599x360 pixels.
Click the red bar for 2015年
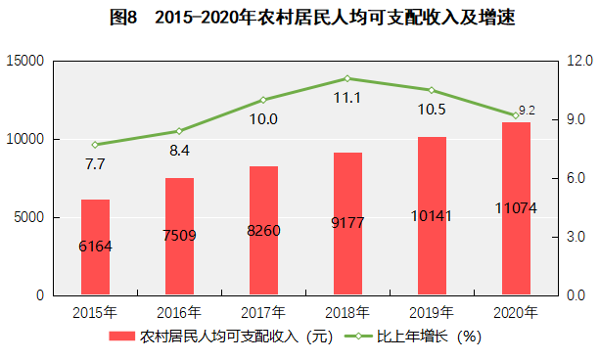pyautogui.click(x=95, y=247)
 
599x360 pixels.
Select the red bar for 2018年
pyautogui.click(x=347, y=224)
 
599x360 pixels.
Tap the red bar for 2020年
pyautogui.click(x=516, y=208)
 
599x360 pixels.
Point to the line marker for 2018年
pyautogui.click(x=347, y=78)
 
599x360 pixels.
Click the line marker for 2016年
pyautogui.click(x=179, y=131)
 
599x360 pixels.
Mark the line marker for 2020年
pyautogui.click(x=516, y=115)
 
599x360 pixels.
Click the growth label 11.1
pyautogui.click(x=347, y=98)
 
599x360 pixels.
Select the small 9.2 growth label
pyautogui.click(x=528, y=111)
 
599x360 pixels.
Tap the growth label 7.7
pyautogui.click(x=95, y=164)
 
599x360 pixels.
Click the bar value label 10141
pyautogui.click(x=432, y=216)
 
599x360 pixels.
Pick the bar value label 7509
pyautogui.click(x=179, y=236)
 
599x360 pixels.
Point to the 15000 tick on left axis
pyautogui.click(x=25, y=61)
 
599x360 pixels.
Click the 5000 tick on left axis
pyautogui.click(x=29, y=217)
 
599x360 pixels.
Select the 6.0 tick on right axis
pyautogui.click(x=576, y=178)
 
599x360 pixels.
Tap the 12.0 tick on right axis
pyautogui.click(x=579, y=61)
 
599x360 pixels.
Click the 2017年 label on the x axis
pyautogui.click(x=263, y=313)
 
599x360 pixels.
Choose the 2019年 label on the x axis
pyautogui.click(x=432, y=313)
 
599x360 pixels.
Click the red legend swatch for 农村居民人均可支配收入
pyautogui.click(x=122, y=336)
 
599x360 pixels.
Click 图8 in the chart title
pyautogui.click(x=123, y=18)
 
